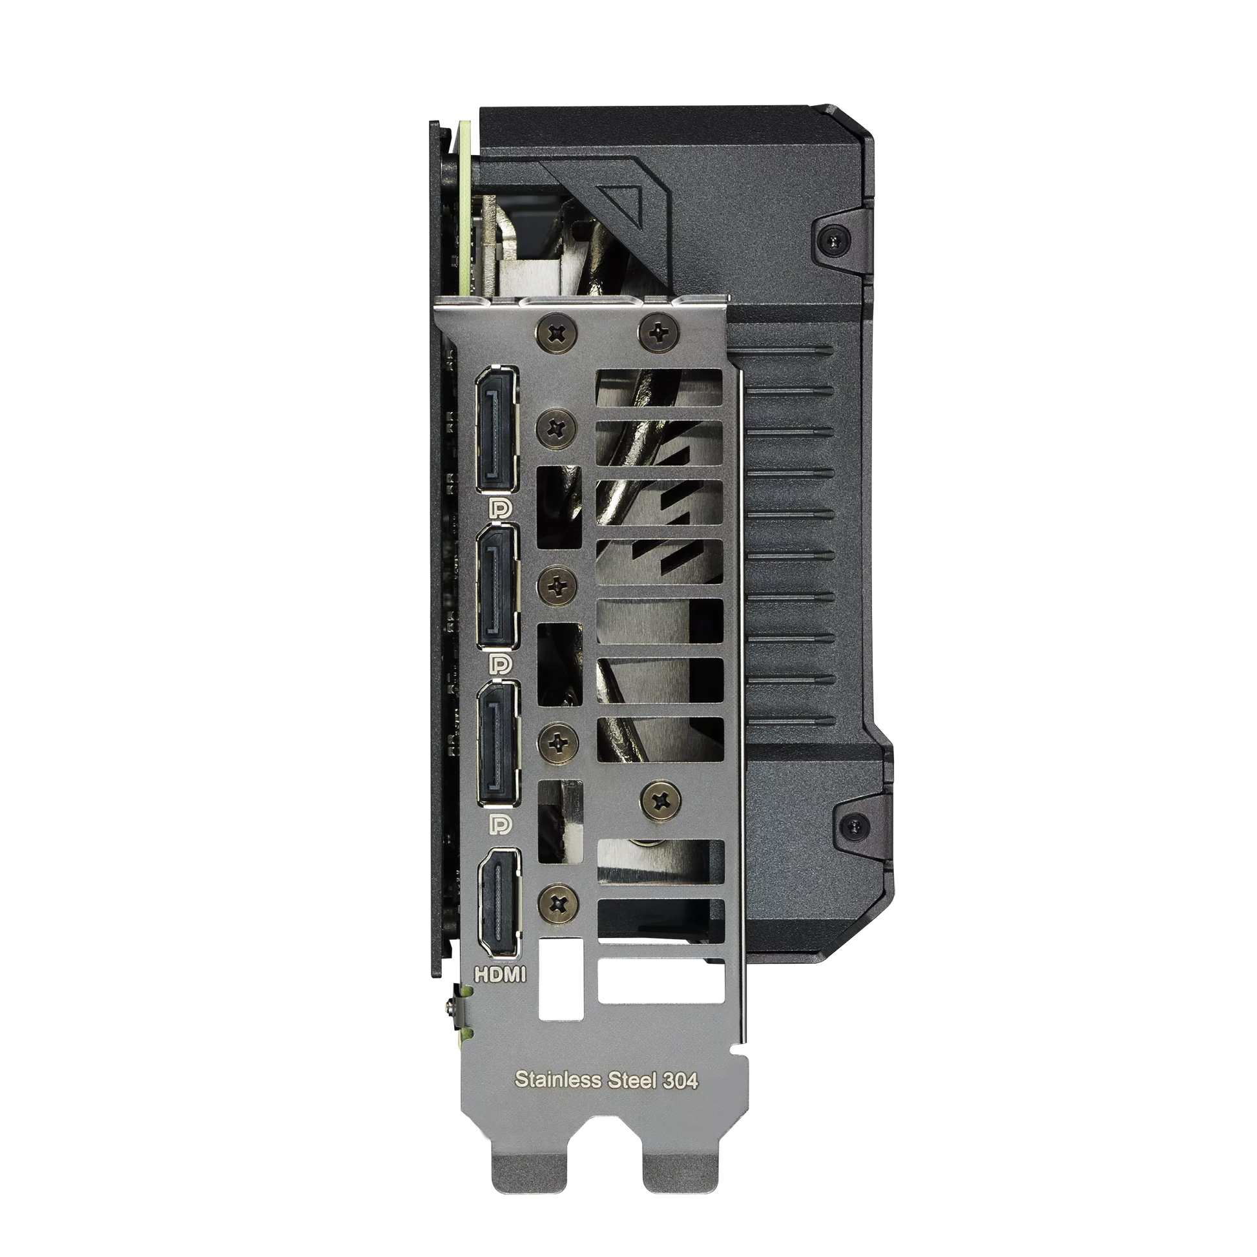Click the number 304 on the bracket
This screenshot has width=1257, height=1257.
pyautogui.click(x=681, y=1080)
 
